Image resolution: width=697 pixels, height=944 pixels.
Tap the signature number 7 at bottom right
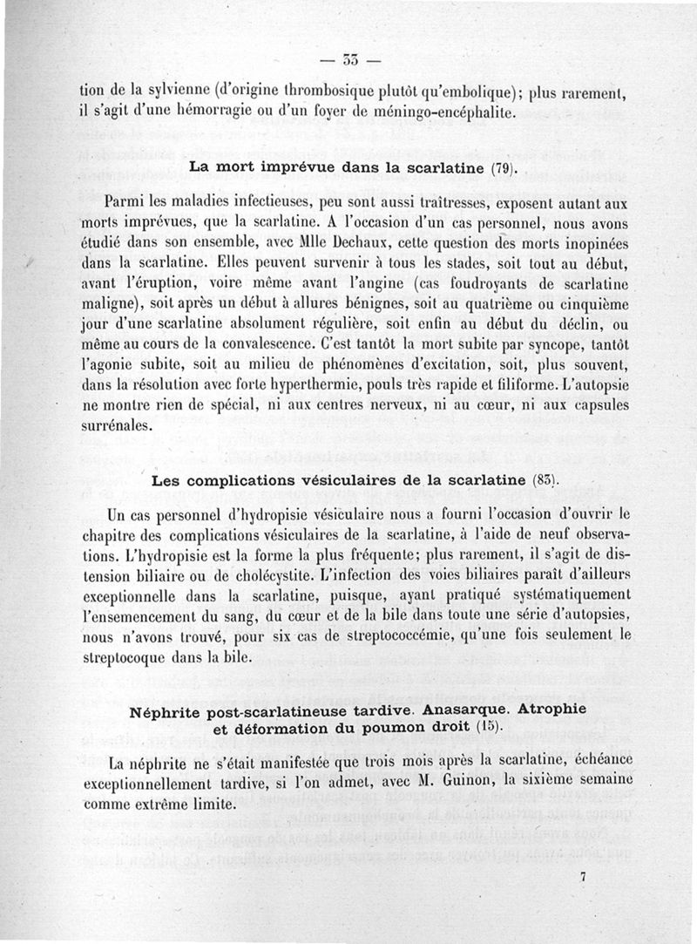coord(582,879)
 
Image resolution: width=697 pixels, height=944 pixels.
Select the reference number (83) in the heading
coord(543,480)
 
